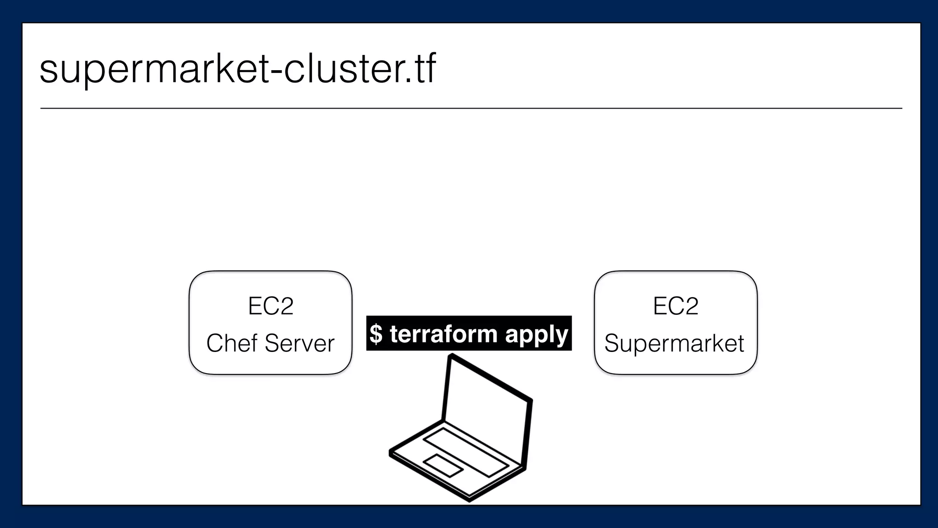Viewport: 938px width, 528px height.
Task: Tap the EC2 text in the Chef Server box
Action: [x=270, y=306]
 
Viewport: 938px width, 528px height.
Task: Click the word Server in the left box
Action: [x=300, y=343]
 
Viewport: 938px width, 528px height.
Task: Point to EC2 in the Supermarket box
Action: [x=676, y=306]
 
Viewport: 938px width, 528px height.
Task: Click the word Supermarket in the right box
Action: [x=674, y=344]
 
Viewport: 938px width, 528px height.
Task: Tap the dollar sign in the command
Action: [x=376, y=334]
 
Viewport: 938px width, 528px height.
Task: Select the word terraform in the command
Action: [x=443, y=334]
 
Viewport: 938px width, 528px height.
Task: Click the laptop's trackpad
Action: [x=443, y=465]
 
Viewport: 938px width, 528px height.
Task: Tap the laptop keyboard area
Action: [x=465, y=452]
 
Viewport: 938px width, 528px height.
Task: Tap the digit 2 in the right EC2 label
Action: [x=690, y=306]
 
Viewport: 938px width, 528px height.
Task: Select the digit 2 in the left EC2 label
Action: [x=284, y=306]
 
